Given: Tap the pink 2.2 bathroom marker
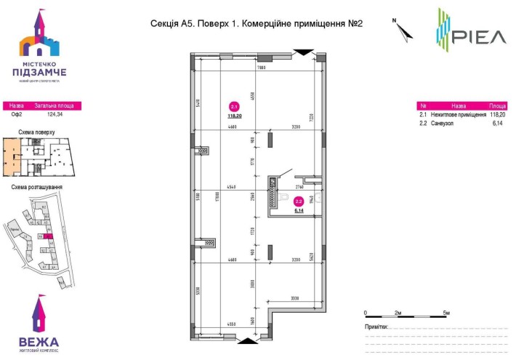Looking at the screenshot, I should coord(298,202).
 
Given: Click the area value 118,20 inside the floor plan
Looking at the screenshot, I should coord(234,115).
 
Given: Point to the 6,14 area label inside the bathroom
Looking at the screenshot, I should coord(298,211).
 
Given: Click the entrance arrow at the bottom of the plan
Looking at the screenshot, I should coord(247,340).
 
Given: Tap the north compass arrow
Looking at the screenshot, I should coord(402,29).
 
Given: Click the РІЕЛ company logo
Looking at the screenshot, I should coord(469,29).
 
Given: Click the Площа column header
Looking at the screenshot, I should coord(498,105).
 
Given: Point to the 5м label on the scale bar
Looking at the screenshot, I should coord(447,312).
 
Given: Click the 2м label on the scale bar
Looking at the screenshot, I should coord(398,312).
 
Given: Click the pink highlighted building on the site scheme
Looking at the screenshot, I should coord(48,236).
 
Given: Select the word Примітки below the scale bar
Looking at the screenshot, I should coord(376,327).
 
